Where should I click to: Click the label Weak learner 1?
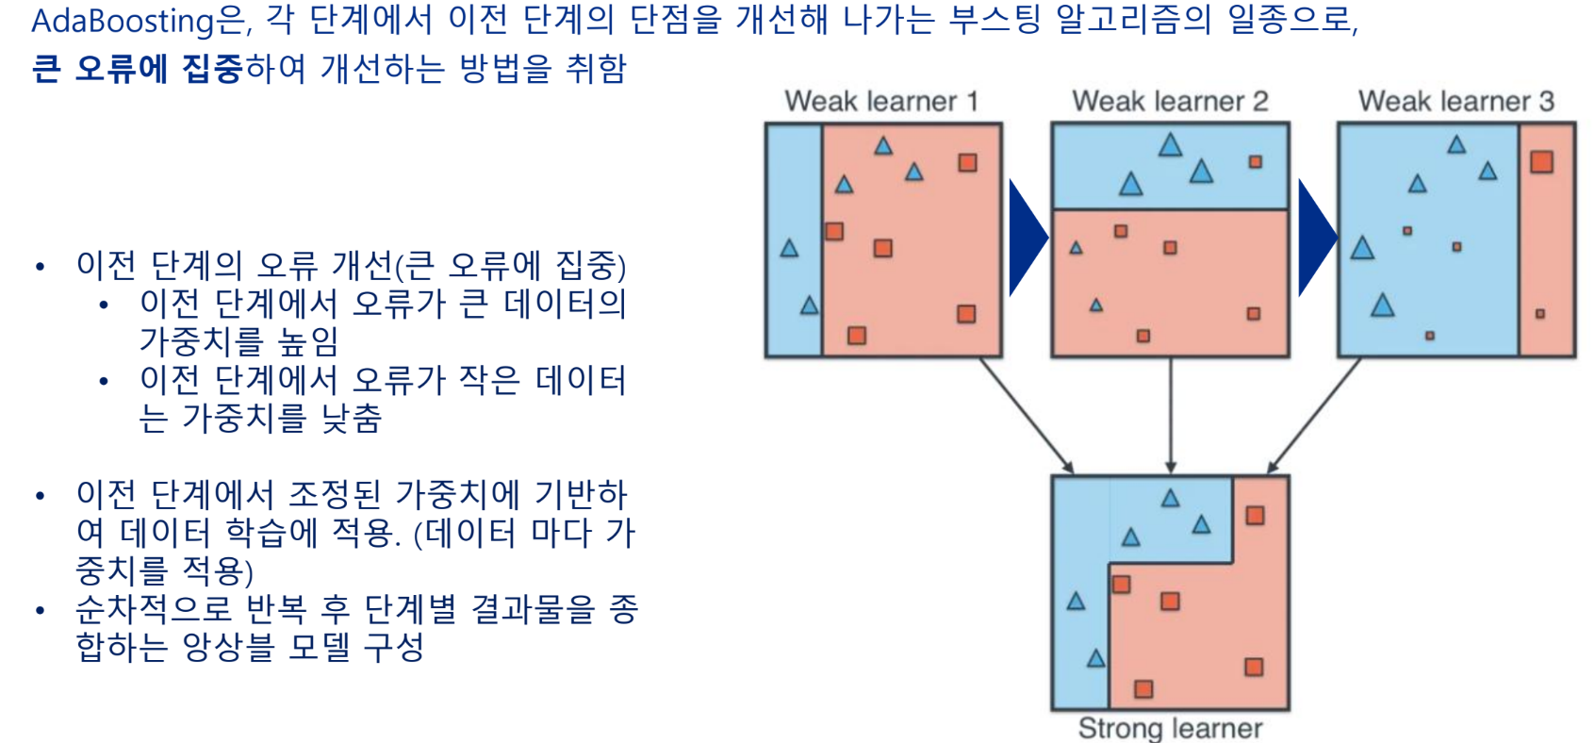[881, 101]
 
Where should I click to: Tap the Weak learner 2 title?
[1170, 101]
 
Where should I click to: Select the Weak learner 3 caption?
[1455, 101]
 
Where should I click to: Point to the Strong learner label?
[1170, 728]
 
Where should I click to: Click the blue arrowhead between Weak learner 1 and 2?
[1026, 238]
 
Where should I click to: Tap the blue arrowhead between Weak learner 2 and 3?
[1315, 238]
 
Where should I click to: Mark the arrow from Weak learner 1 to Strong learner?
[1026, 415]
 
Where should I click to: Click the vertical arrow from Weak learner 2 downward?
[1171, 415]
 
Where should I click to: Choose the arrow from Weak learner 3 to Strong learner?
[1314, 415]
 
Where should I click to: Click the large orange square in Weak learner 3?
[1542, 161]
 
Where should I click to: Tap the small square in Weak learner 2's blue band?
[1256, 161]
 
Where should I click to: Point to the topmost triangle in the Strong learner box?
[1170, 498]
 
